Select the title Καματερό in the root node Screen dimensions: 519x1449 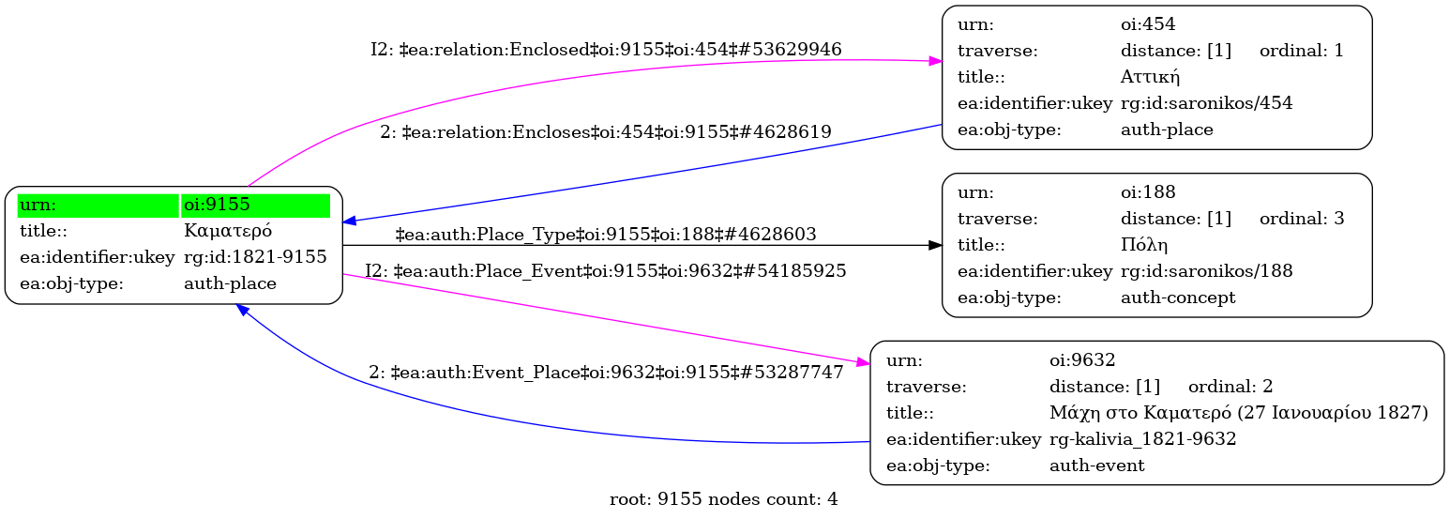[x=228, y=231]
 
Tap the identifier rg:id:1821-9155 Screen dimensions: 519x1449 [x=255, y=257]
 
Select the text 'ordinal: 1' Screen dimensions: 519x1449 [x=1301, y=50]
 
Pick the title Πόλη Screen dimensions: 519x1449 [x=1143, y=245]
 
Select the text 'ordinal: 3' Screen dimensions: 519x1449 [x=1301, y=219]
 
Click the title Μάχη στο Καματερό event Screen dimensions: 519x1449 [x=1238, y=412]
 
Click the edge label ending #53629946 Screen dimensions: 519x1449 [x=606, y=49]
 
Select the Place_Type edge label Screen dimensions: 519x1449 [x=606, y=234]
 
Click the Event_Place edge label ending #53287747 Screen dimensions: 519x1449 [x=606, y=372]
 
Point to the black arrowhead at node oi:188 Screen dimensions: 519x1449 [x=935, y=245]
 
